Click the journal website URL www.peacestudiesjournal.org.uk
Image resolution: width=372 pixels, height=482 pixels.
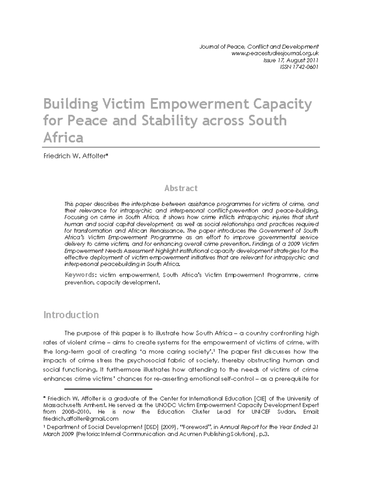pos(275,53)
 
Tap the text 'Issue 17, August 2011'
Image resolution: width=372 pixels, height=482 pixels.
pos(291,60)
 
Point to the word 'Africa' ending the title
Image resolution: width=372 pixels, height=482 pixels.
pos(63,137)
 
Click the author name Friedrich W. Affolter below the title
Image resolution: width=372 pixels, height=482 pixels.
pos(76,156)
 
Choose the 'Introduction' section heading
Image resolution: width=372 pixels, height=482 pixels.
pos(71,315)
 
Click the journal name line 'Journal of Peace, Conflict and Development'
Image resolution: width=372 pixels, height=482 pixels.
pos(259,47)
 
